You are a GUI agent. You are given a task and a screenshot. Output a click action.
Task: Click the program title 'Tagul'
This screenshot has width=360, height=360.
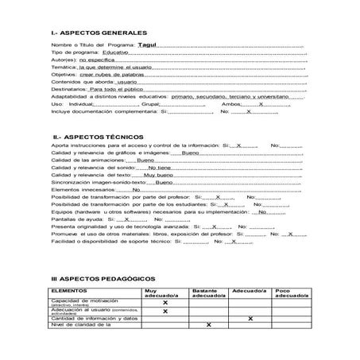tap(148, 45)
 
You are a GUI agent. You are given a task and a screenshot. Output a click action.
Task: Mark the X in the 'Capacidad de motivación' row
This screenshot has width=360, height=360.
tap(165, 303)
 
